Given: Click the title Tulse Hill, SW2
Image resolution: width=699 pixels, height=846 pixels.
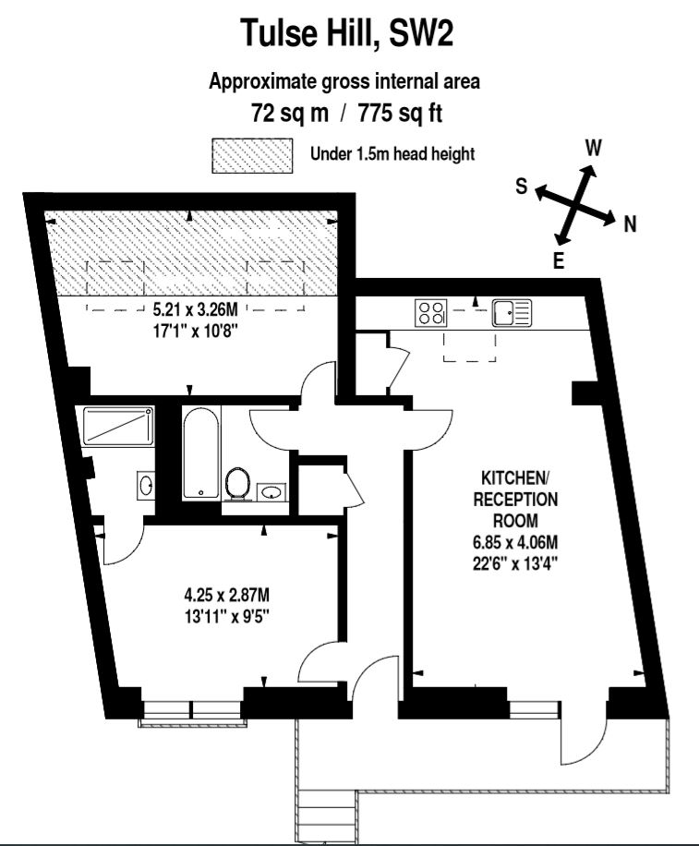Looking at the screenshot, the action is (x=346, y=32).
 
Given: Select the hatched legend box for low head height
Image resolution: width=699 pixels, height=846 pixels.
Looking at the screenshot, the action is (x=252, y=156).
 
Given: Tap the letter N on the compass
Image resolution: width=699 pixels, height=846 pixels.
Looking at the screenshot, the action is (x=630, y=224).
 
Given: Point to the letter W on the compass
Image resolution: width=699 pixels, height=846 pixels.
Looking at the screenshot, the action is (x=594, y=147).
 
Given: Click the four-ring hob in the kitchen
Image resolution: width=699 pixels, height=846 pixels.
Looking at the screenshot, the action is (x=431, y=312).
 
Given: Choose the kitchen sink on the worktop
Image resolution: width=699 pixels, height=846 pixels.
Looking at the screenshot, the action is (x=512, y=313).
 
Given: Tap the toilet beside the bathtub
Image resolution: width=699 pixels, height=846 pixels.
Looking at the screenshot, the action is (x=237, y=482).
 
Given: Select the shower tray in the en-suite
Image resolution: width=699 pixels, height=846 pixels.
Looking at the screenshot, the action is (x=118, y=426).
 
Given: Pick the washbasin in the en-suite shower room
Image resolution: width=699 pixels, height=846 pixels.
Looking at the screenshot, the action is (x=146, y=485).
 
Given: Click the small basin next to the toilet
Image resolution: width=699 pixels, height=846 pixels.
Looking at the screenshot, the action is (x=271, y=491).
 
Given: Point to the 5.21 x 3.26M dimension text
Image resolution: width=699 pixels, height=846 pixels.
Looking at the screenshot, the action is (x=195, y=309).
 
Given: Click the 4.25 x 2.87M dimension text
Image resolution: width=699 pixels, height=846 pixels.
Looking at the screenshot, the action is (x=226, y=596).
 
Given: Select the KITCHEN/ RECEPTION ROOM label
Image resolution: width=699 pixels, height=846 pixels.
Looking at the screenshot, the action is (x=515, y=499).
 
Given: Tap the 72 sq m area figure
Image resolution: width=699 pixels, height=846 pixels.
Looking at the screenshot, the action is (x=290, y=114).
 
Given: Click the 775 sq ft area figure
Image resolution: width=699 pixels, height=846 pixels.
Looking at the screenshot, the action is (x=400, y=114).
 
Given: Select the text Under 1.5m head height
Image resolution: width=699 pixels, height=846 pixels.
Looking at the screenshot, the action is (x=392, y=154).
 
